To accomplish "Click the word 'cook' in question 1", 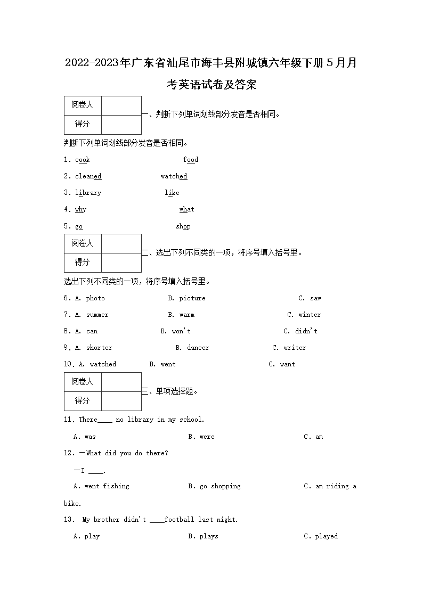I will click(83, 160).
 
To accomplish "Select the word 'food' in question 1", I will click(191, 160).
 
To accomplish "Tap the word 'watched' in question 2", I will click(174, 176).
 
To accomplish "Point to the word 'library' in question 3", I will click(88, 193).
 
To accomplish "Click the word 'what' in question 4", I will click(187, 209).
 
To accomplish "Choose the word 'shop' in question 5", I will click(183, 226).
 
